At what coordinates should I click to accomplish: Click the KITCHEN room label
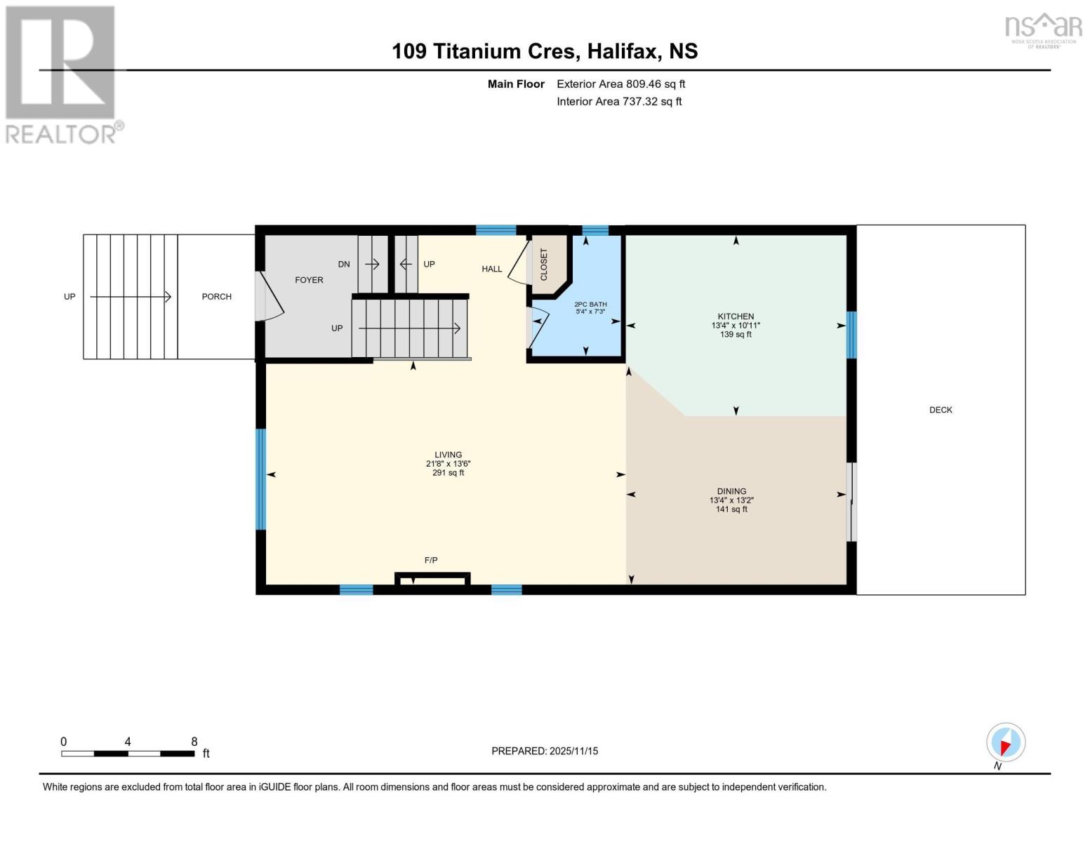point(736,316)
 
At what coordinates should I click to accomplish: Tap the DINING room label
point(731,491)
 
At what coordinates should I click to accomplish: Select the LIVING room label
point(448,455)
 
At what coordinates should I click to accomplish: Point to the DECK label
point(941,410)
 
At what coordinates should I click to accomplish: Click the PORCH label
point(217,297)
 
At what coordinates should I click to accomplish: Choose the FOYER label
point(309,280)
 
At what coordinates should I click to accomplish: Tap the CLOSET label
point(544,265)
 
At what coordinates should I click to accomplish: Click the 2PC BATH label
point(590,305)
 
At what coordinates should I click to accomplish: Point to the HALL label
point(491,269)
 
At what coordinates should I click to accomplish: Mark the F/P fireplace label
point(431,560)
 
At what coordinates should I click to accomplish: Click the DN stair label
point(344,265)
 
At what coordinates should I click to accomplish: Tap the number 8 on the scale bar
point(194,741)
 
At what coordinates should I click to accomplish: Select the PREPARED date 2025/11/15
point(573,751)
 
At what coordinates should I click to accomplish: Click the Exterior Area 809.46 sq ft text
point(620,83)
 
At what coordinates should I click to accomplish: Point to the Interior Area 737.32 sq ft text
point(619,101)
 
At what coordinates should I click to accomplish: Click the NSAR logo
point(1044,30)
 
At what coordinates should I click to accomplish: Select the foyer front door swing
point(270,296)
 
